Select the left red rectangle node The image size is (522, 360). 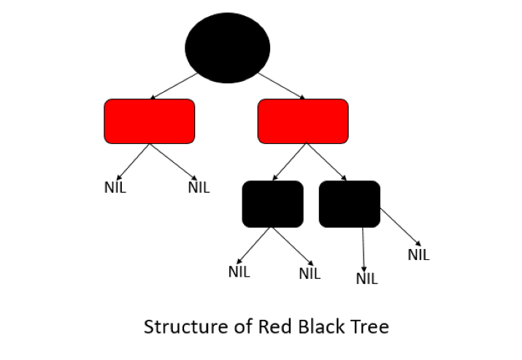click(x=150, y=121)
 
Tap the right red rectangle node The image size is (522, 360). click(x=303, y=121)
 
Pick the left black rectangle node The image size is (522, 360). click(x=272, y=204)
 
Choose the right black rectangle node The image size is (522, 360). click(x=350, y=204)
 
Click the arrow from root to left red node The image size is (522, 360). click(x=174, y=86)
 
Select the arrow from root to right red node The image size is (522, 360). click(x=282, y=86)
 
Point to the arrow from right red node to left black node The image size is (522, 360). click(x=290, y=161)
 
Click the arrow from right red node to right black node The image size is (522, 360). click(x=326, y=161)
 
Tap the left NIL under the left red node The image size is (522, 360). click(x=115, y=187)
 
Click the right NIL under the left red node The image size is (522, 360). click(x=199, y=187)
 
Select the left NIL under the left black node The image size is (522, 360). click(x=239, y=272)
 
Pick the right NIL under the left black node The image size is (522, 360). click(x=310, y=275)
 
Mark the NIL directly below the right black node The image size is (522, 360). click(x=366, y=278)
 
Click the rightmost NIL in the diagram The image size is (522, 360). click(x=418, y=255)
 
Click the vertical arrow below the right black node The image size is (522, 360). click(x=364, y=247)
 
